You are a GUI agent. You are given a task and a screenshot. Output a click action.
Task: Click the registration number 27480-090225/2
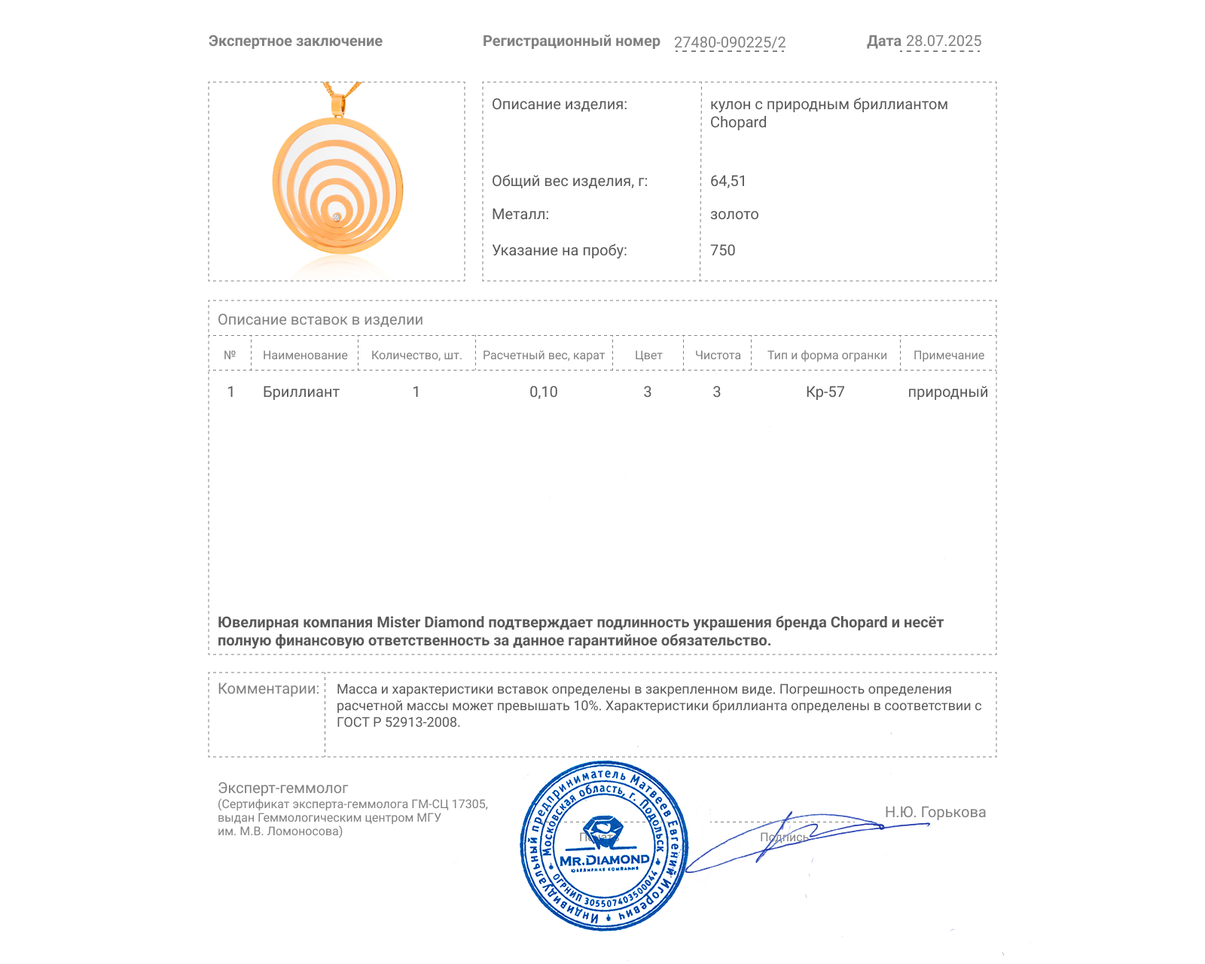[729, 42]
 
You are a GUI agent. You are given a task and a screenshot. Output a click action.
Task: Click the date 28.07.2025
[943, 41]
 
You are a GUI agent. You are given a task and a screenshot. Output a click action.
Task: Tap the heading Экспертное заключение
[295, 41]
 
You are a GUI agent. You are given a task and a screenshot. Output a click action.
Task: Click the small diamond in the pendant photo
[337, 217]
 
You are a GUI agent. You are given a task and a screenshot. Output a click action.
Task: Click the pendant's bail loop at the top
[338, 105]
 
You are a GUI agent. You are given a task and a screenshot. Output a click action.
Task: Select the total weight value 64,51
[728, 181]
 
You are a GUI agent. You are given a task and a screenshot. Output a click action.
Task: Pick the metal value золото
[734, 214]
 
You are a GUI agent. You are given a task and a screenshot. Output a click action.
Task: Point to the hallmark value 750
[722, 250]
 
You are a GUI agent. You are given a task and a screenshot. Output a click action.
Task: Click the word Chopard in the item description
[738, 123]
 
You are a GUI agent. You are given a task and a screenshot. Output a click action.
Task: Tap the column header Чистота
[718, 355]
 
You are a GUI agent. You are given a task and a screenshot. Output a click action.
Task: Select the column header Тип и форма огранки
[827, 355]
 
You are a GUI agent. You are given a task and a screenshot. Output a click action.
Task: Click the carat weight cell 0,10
[543, 392]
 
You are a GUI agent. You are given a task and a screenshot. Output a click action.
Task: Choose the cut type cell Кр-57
[825, 392]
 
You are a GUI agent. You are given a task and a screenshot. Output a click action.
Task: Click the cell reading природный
[947, 392]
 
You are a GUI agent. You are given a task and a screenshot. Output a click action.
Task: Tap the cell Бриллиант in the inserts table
[300, 392]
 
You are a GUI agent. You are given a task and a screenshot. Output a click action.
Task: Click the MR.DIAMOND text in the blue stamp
[604, 860]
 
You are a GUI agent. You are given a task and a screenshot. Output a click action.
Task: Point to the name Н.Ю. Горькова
[935, 812]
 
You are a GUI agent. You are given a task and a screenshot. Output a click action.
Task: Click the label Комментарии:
[268, 688]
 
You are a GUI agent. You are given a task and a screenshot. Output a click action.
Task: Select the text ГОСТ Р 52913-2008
[398, 722]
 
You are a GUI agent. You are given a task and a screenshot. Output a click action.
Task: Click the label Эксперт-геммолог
[282, 788]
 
